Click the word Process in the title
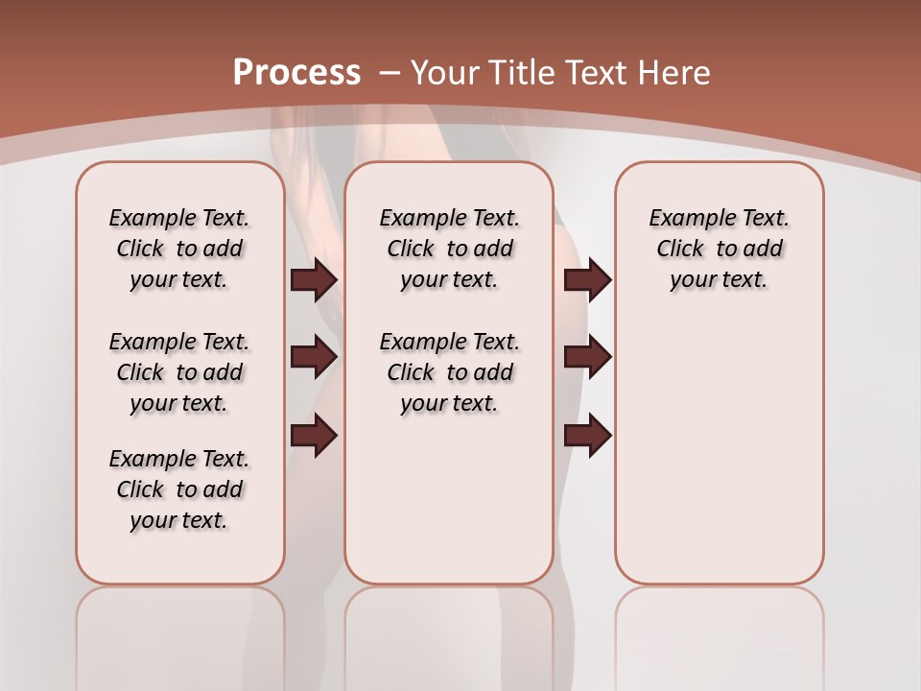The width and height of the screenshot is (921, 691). click(x=296, y=73)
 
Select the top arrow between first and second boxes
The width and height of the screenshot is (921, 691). click(x=314, y=279)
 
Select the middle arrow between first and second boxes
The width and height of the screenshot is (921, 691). click(x=314, y=357)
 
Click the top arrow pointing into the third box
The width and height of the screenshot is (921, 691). click(x=587, y=279)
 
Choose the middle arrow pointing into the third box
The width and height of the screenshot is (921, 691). click(x=587, y=357)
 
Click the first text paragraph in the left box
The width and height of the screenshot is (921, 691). click(x=179, y=249)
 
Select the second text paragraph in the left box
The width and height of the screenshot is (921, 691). click(x=179, y=372)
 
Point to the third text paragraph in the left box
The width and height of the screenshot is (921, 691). click(x=179, y=489)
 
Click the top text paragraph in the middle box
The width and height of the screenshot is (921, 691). click(x=449, y=249)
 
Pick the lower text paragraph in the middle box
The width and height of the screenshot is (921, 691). click(x=449, y=372)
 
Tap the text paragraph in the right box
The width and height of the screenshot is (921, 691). click(x=719, y=249)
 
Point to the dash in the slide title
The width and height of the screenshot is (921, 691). click(x=390, y=73)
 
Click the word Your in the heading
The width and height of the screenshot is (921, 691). click(x=445, y=73)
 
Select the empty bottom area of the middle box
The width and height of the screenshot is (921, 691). click(x=449, y=509)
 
